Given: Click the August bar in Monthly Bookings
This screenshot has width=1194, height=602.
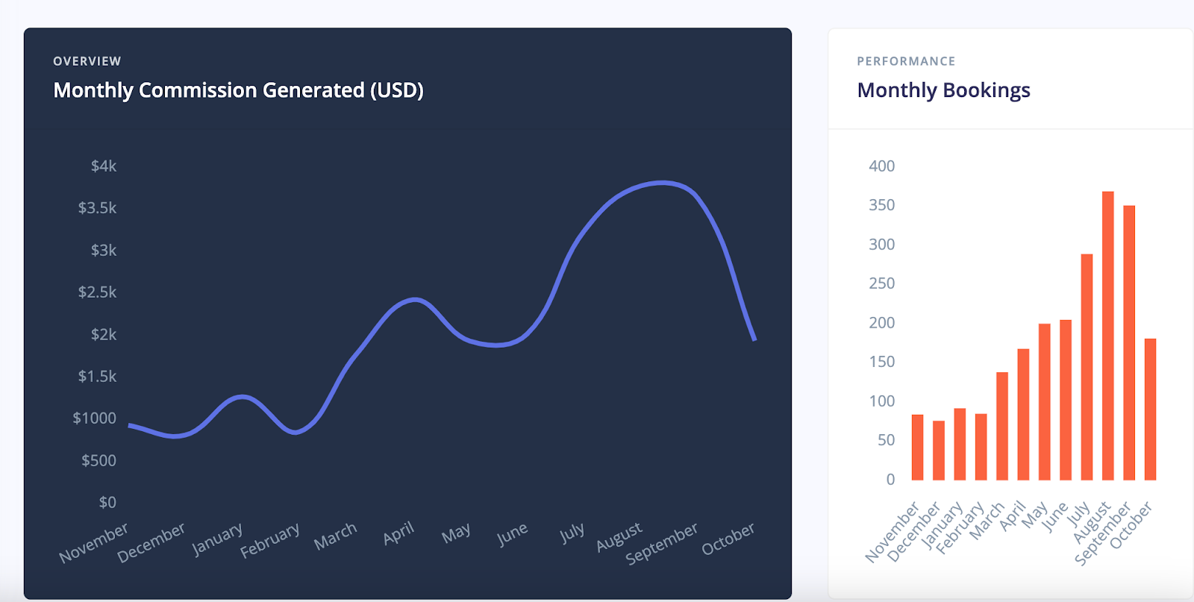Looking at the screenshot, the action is tap(1107, 336).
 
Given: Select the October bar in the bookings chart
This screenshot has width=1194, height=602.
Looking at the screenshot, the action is tap(1150, 409).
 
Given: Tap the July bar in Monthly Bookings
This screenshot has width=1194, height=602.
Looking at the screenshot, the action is tap(1087, 367).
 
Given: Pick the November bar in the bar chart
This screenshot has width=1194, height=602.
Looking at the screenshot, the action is tap(917, 448).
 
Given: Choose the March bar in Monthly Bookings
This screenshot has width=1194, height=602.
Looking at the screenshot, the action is tap(1002, 426).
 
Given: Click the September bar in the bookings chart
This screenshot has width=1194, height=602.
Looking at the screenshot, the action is tap(1129, 342).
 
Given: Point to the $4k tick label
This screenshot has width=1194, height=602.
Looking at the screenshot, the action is tap(104, 166).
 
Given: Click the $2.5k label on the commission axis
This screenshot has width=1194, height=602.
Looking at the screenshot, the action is tap(97, 292).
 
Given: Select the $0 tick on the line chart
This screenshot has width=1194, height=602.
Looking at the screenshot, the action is tap(107, 502).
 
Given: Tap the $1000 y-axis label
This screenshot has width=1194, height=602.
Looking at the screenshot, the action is tap(94, 418).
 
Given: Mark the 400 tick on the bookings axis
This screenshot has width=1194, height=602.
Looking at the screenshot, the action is tap(881, 166).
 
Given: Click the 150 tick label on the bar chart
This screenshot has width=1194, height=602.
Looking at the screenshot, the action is tap(881, 362).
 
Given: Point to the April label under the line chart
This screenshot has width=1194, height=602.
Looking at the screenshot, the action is tap(398, 533).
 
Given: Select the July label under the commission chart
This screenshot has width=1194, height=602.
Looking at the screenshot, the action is tap(572, 533).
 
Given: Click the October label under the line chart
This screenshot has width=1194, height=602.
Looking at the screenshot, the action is tap(728, 539).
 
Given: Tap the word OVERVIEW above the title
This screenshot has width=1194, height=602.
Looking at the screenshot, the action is tap(87, 61).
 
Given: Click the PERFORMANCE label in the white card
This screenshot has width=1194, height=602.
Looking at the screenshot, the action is tap(906, 61).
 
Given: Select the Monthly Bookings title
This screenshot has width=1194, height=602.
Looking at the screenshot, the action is tap(943, 90).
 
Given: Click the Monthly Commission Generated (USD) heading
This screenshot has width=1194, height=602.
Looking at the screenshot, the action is tap(238, 90).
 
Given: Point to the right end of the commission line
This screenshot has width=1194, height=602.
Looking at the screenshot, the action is tap(754, 339).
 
